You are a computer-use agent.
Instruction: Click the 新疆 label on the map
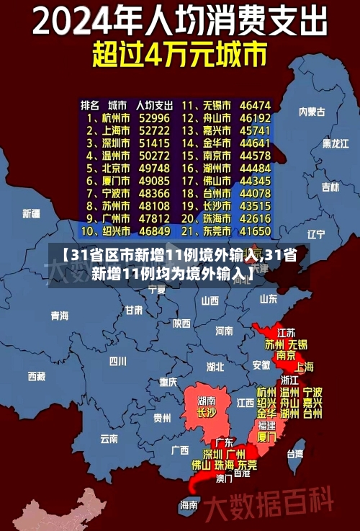(31, 213)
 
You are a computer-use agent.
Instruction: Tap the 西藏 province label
(37, 376)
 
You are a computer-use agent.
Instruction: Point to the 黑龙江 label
(336, 144)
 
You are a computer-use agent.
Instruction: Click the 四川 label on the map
(118, 361)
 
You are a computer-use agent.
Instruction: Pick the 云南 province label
(109, 438)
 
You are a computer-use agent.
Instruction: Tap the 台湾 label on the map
(295, 454)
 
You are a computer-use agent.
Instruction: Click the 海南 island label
(189, 504)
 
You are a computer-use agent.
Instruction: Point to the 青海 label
(60, 316)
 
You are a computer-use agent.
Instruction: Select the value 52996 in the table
(154, 117)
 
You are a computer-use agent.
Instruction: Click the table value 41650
(255, 231)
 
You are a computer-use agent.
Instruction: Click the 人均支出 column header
(154, 104)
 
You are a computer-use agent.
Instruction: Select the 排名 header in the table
(90, 104)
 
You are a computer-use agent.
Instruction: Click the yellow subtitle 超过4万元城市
(180, 54)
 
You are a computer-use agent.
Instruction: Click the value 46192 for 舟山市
(255, 117)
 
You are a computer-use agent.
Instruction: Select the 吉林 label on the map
(330, 187)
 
